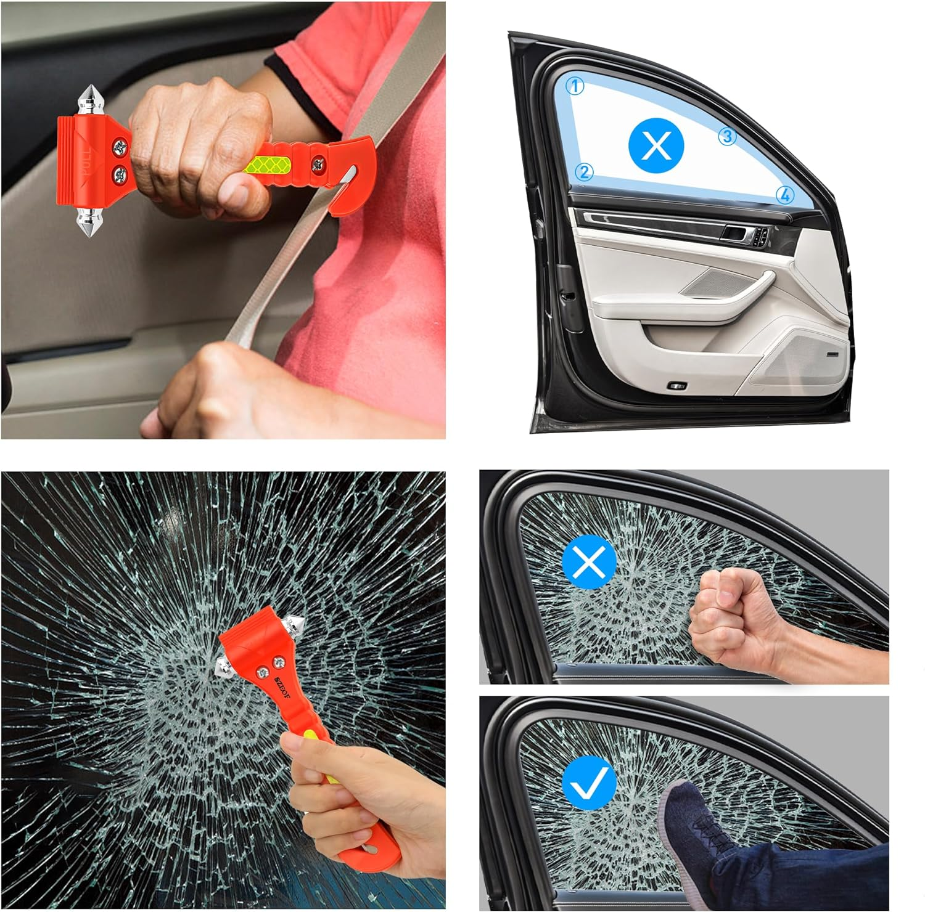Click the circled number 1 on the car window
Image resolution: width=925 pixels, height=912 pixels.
pos(575,86)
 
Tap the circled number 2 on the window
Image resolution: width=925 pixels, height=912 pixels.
pos(585,172)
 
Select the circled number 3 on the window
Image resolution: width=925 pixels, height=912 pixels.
pos(728,136)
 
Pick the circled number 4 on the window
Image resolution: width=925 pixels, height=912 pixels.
pos(784,195)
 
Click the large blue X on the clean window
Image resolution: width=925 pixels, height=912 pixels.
pos(656,146)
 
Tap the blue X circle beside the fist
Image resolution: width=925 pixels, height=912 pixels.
pos(590,562)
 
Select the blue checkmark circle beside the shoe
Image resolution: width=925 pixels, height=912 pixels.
pos(590,783)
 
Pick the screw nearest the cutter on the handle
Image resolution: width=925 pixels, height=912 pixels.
pos(318,165)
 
